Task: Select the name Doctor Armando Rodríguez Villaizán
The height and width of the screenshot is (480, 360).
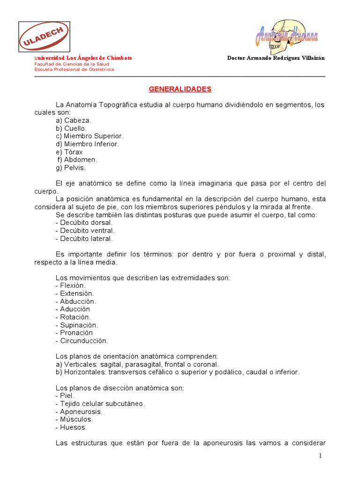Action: pos(276,58)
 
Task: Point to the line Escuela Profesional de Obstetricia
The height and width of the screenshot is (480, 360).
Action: pos(74,69)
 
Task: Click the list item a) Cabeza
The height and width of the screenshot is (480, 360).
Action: pos(73,120)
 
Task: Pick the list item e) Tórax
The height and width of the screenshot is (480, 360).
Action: pos(69,152)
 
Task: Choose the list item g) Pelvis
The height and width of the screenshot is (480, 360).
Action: pos(70,168)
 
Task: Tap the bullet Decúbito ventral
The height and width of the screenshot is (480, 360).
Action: pos(85,231)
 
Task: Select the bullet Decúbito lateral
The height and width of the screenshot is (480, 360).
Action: pos(84,239)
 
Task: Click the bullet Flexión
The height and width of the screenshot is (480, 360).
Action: pos(71,285)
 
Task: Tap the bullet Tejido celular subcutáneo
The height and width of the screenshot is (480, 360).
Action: pos(100,404)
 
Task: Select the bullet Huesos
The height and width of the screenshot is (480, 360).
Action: pos(71,427)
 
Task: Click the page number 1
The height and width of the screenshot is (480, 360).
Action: pos(321,456)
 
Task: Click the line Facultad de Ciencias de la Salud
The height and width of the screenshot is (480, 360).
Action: pos(72,64)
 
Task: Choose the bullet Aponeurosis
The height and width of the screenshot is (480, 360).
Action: pos(79,412)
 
